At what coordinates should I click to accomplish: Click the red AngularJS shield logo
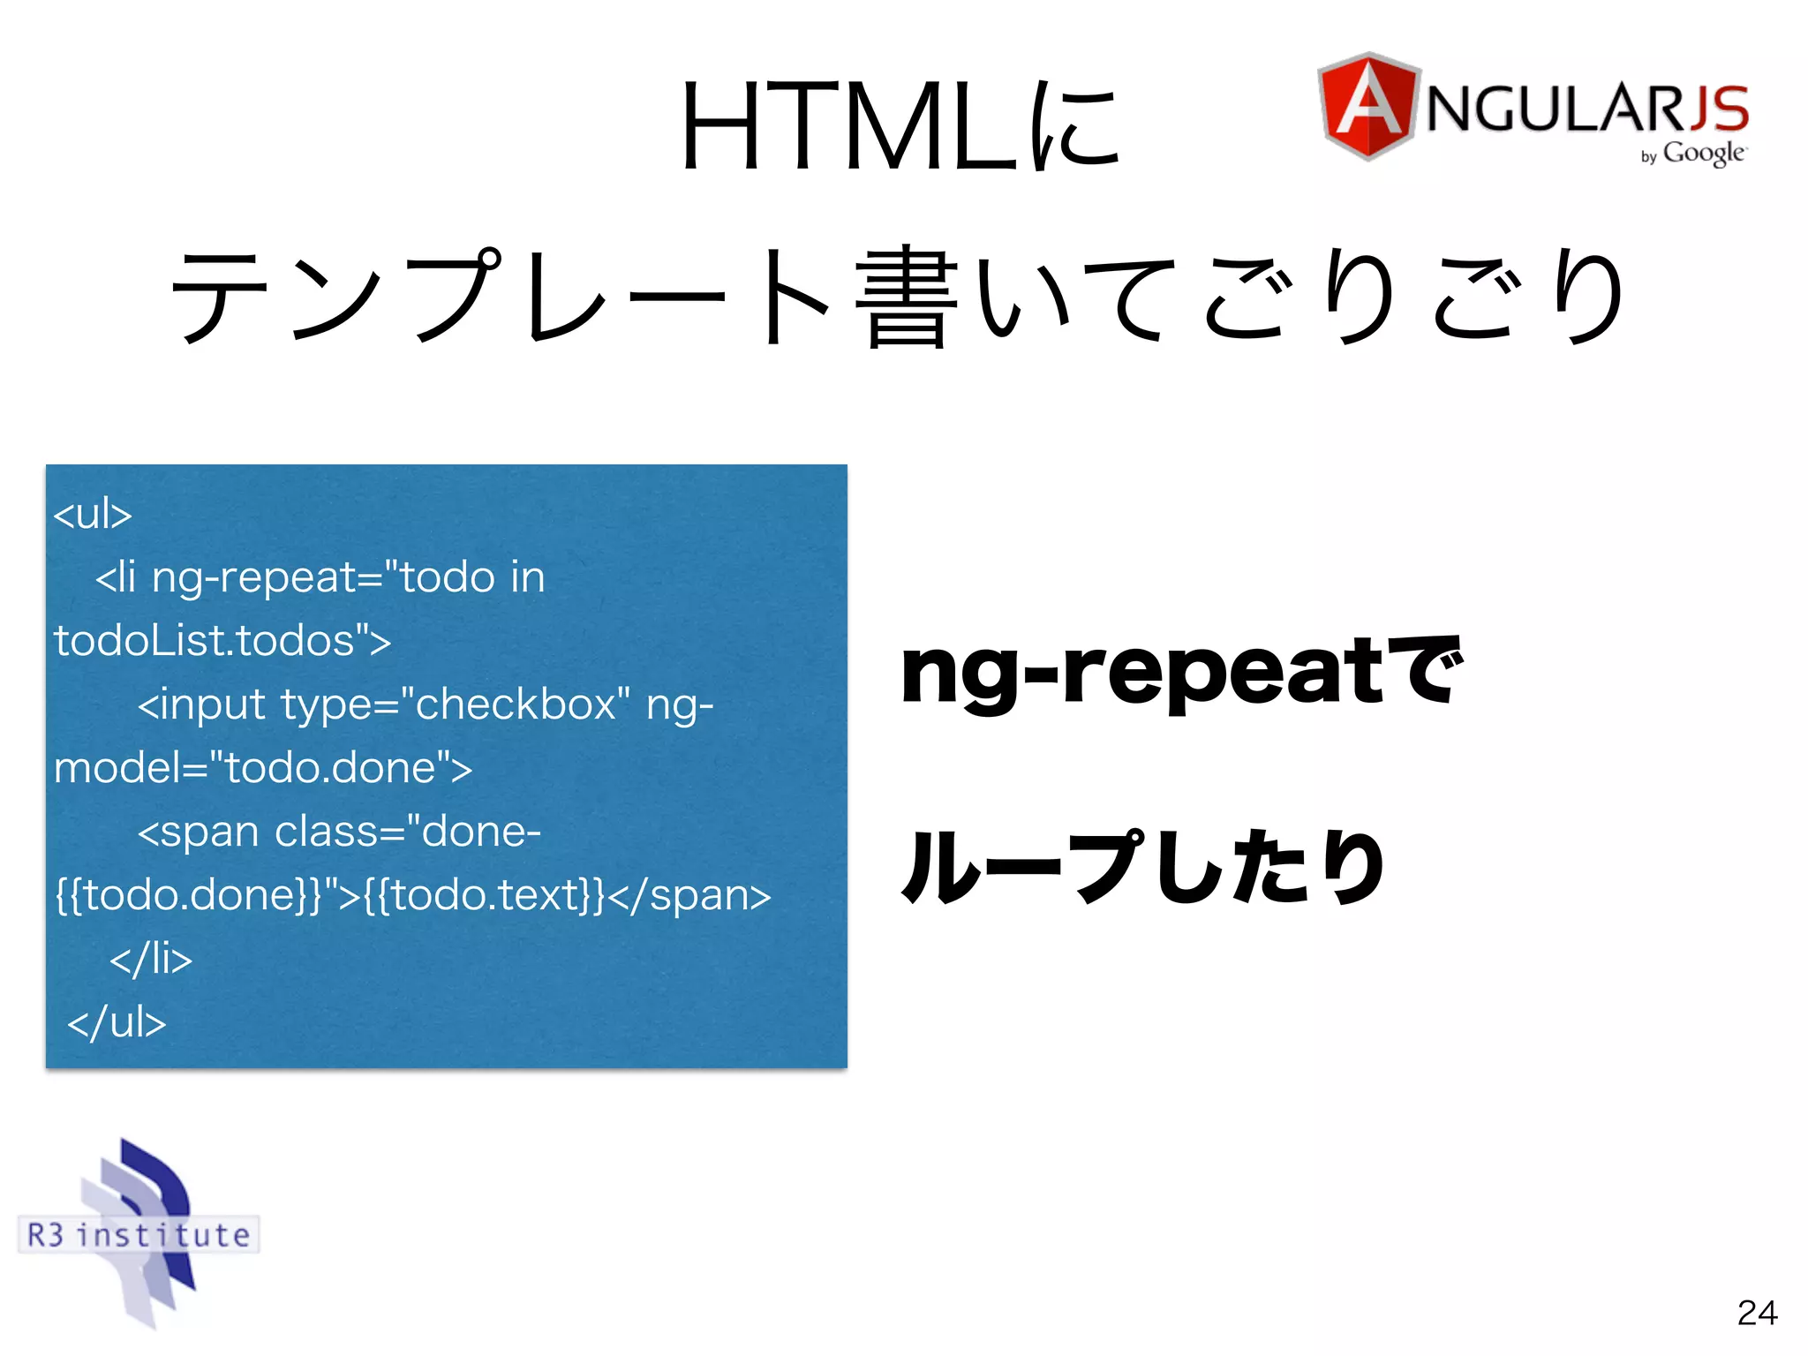1367,106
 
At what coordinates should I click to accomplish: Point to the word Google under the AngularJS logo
1703,153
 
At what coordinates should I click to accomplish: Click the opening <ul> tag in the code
92,514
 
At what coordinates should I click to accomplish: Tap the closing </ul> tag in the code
117,1022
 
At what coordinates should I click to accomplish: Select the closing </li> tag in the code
151,959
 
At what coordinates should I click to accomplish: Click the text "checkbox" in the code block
516,704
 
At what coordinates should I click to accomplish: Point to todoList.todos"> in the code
222,641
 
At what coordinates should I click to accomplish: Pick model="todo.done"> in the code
263,768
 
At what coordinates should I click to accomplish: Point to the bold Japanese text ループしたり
1142,867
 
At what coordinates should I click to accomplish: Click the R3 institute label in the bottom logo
139,1234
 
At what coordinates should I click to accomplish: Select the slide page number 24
1757,1313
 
